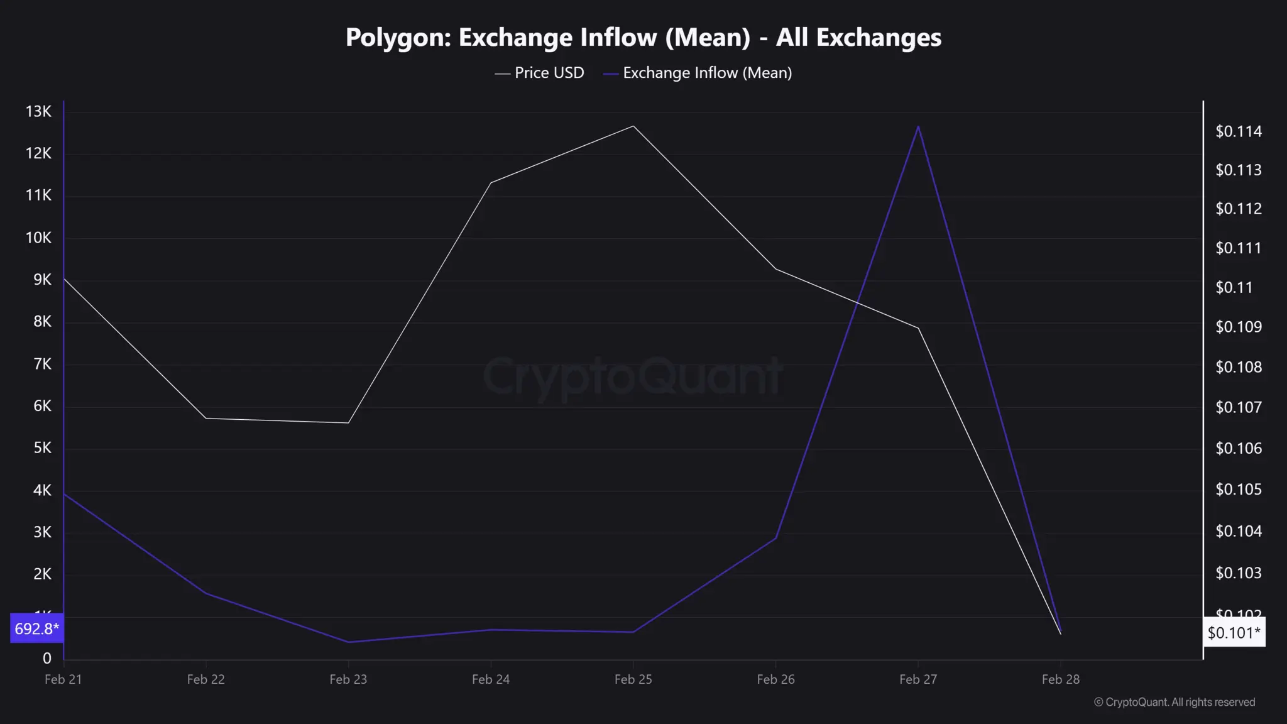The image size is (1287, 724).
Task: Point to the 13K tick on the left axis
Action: (38, 112)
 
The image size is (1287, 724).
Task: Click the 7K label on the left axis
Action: (42, 364)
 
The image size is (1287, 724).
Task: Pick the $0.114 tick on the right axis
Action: (1238, 131)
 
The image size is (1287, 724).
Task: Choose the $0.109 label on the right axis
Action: (1238, 327)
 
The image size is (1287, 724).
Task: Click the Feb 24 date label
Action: (491, 679)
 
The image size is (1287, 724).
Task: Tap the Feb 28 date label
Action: (1060, 679)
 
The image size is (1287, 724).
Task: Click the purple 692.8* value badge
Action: (36, 628)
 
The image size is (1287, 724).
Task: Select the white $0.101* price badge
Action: (1234, 633)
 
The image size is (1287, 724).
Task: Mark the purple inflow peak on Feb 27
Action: (918, 127)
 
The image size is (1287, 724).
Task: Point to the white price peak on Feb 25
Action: (633, 126)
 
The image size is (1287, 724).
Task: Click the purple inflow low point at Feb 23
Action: (348, 642)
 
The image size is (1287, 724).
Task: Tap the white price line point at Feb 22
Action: (206, 418)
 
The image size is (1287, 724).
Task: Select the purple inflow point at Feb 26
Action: (776, 538)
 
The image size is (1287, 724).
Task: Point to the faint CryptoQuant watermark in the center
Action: (632, 376)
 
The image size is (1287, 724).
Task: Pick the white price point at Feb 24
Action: (491, 183)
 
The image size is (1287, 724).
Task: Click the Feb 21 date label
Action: (63, 679)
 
